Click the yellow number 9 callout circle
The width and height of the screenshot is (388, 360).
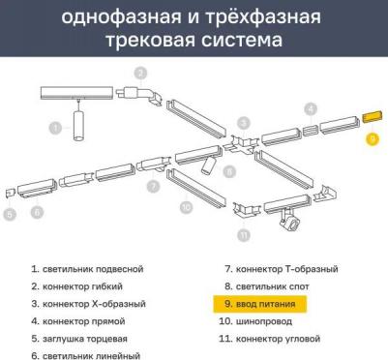tap(373, 138)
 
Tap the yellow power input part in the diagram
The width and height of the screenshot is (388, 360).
tap(373, 116)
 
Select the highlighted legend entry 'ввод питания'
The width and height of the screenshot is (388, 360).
tap(259, 304)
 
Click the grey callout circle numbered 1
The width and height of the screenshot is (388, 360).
tap(55, 129)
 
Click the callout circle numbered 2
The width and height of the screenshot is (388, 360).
tap(140, 74)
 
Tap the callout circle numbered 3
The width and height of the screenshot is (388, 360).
tap(244, 123)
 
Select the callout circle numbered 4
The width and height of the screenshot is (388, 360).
tap(311, 109)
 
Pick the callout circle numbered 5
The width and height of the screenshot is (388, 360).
tap(10, 214)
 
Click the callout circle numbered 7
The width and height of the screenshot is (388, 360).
tap(153, 186)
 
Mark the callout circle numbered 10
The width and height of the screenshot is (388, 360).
tap(186, 207)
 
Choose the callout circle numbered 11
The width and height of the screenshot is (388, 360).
tap(244, 234)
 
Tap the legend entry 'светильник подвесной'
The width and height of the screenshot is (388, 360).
tap(87, 269)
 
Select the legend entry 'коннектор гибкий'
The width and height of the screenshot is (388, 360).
tap(76, 286)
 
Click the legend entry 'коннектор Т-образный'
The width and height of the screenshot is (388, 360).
tap(282, 269)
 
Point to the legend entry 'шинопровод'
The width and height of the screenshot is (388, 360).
tap(255, 321)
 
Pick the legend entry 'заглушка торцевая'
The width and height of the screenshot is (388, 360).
tap(79, 339)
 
